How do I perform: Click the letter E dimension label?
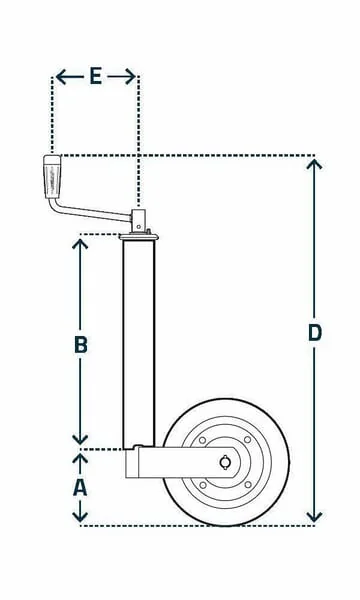96,76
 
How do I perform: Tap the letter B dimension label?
80,344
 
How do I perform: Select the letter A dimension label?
80,488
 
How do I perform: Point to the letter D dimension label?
314,333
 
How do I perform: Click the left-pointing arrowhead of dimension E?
61,77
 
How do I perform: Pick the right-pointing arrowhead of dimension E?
130,77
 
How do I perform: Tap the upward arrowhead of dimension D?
314,164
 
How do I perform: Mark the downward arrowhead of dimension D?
314,517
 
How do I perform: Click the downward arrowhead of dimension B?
80,440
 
